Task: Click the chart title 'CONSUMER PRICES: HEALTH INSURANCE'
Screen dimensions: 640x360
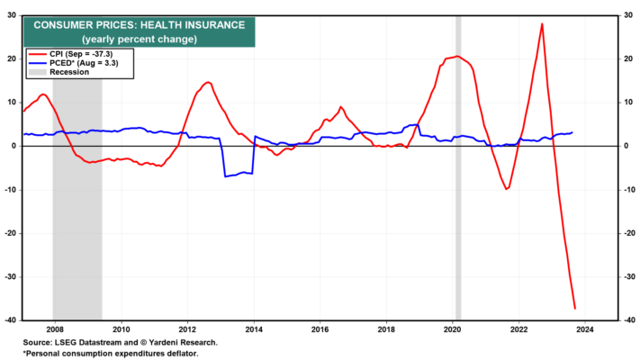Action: coord(140,25)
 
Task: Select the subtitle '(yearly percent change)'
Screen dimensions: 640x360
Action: coord(140,40)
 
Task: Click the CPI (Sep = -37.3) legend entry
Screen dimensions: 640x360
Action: coord(70,54)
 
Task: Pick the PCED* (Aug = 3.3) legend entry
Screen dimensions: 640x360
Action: coord(73,63)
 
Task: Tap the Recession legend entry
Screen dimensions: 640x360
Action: coord(59,72)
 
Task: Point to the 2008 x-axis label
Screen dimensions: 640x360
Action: coord(55,329)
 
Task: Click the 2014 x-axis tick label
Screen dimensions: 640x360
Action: coord(254,329)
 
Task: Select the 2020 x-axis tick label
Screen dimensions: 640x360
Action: coord(452,329)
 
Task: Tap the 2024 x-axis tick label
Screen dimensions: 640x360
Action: coord(584,329)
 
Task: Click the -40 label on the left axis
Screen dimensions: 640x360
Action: coord(11,320)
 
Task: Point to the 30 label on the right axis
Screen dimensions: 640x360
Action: coord(628,15)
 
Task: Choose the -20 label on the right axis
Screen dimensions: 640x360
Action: coord(629,233)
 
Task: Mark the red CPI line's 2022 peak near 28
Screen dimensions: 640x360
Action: coord(542,23)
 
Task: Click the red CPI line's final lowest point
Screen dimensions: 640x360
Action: coord(574,309)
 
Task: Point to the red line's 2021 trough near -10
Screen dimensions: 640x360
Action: coord(506,189)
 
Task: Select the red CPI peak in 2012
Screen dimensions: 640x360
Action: coord(208,83)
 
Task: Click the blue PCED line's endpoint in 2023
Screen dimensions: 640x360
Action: coord(572,132)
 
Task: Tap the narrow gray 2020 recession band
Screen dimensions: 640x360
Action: coord(458,167)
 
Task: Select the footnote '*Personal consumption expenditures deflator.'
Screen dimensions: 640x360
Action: coord(110,354)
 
